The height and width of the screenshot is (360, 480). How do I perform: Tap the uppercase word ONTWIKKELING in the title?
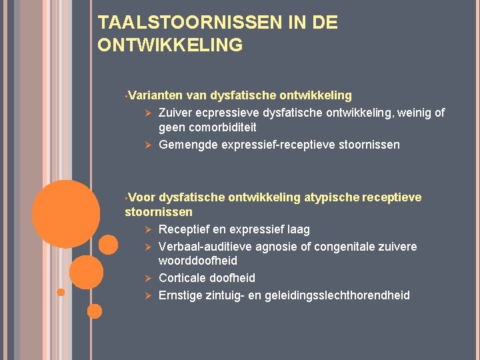(x=170, y=45)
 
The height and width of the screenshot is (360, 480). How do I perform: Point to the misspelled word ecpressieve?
(x=227, y=113)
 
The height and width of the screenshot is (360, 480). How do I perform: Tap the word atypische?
(x=331, y=197)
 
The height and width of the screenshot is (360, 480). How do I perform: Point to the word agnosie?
(x=273, y=247)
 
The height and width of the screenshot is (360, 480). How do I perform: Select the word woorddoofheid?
(x=198, y=261)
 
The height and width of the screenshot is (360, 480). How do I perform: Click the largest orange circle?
(x=66, y=213)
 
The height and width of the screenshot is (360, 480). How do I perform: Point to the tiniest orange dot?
(x=61, y=292)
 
